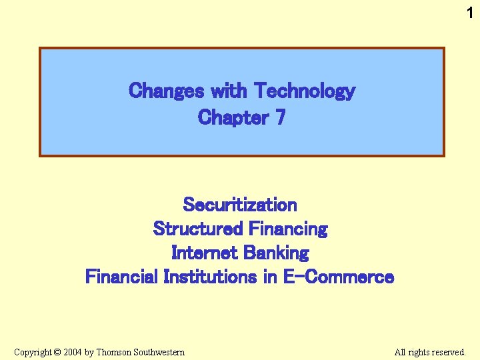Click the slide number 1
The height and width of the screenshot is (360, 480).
pos(470,11)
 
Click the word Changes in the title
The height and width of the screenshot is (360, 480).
pos(167,90)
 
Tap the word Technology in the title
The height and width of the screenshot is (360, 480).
pos(305,90)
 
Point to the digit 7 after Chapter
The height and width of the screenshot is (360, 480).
pos(280,117)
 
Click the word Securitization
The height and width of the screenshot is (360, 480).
pos(240,204)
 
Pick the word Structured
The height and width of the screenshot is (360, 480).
pos(198,229)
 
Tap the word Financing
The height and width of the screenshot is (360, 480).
pos(288,229)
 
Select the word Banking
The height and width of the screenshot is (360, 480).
pos(277,253)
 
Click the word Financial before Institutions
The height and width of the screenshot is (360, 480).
pos(122,277)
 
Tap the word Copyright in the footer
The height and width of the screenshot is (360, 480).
pos(33,352)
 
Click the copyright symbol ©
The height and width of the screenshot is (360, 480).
pos(57,352)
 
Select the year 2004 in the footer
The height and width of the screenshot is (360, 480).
pos(73,352)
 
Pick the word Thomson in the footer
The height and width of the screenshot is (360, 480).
pos(114,352)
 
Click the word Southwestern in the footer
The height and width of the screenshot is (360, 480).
pos(159,352)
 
